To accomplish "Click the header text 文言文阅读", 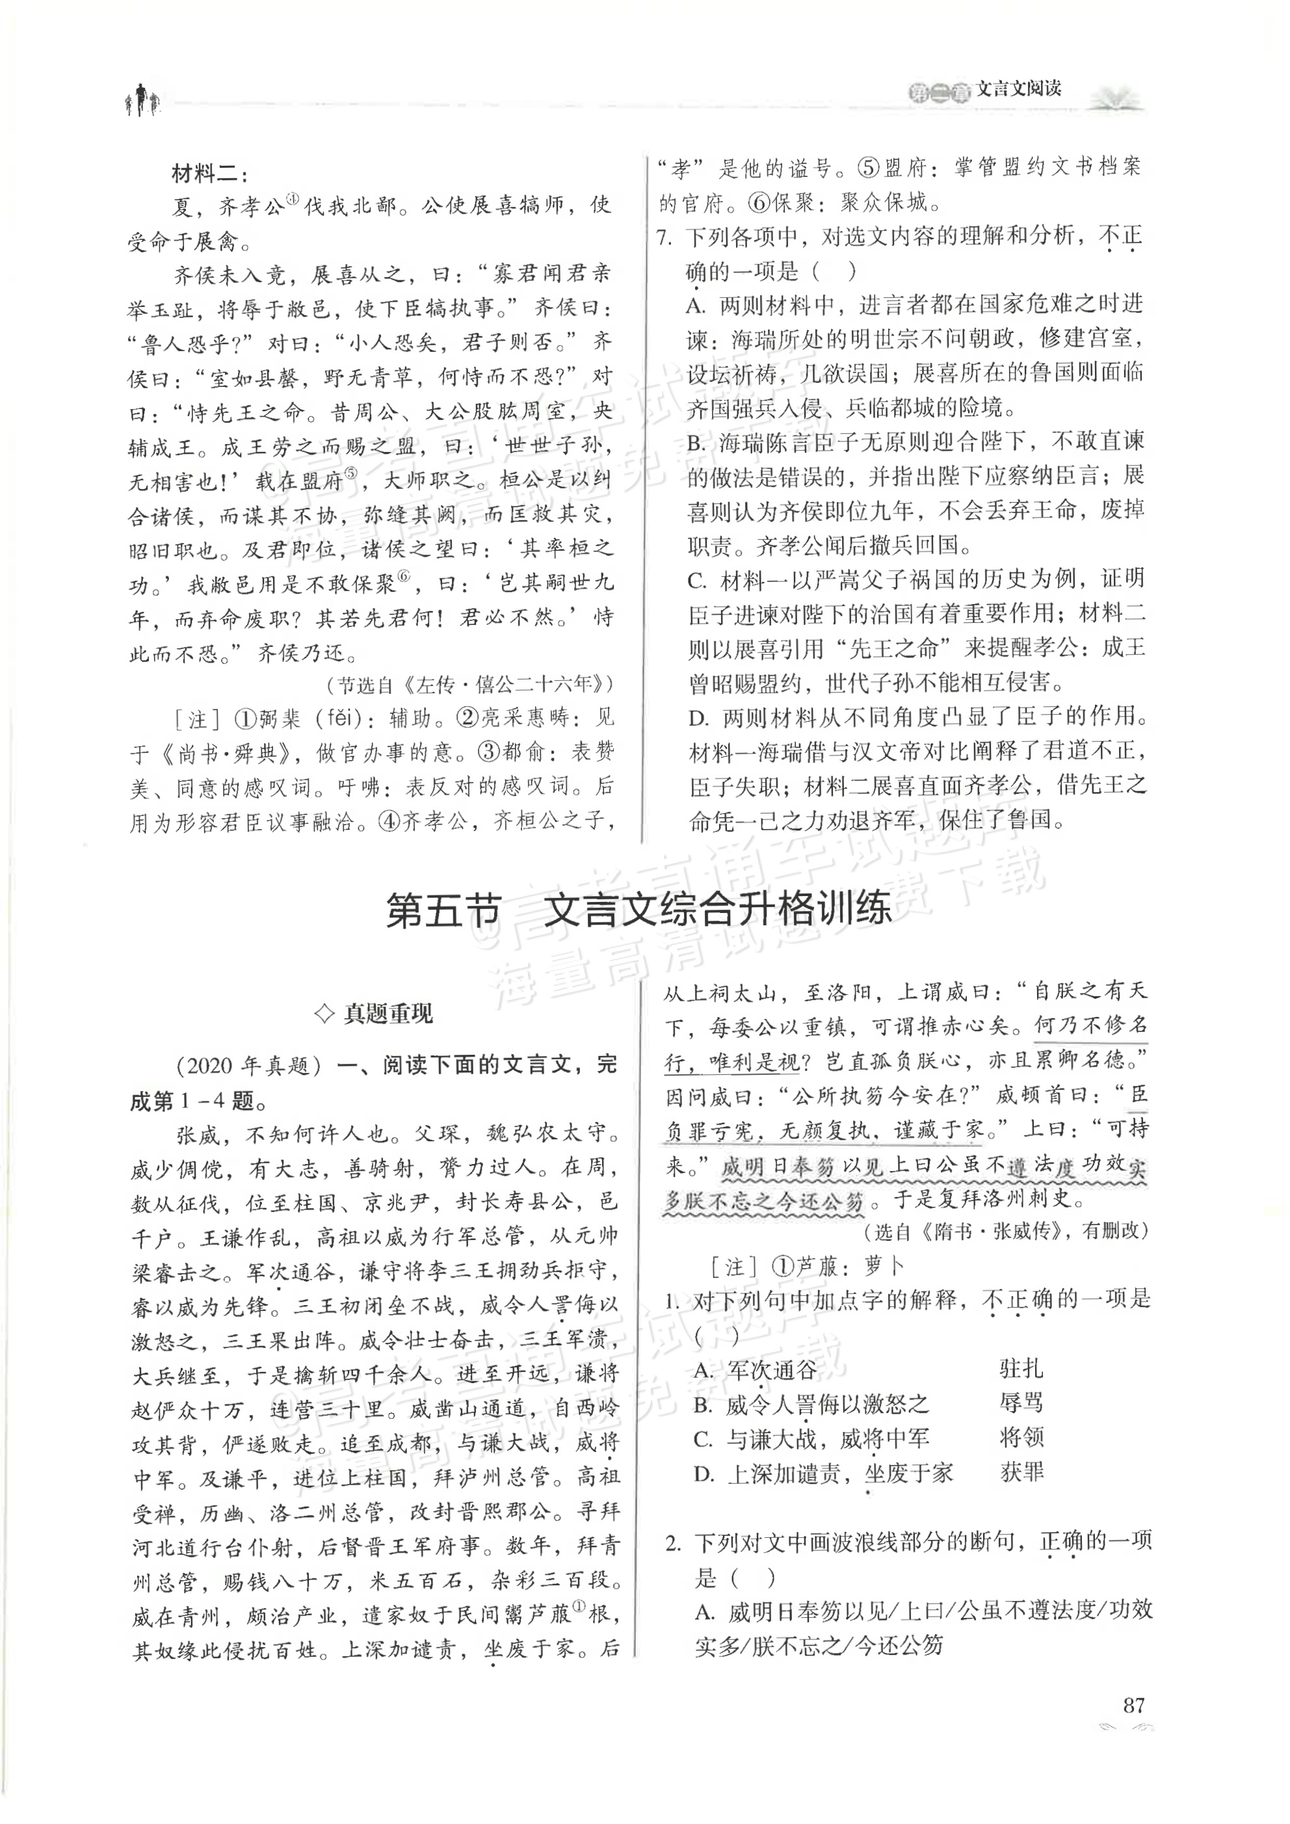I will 1018,90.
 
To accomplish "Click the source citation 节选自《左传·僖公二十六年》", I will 469,684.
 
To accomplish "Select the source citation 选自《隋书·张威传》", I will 1004,1230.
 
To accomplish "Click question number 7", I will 666,237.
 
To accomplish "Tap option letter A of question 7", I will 696,306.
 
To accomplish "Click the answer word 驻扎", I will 1021,1369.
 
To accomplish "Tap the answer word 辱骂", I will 1021,1403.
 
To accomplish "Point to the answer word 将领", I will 1021,1438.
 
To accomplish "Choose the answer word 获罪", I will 1021,1472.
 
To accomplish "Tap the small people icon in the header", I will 141,100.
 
